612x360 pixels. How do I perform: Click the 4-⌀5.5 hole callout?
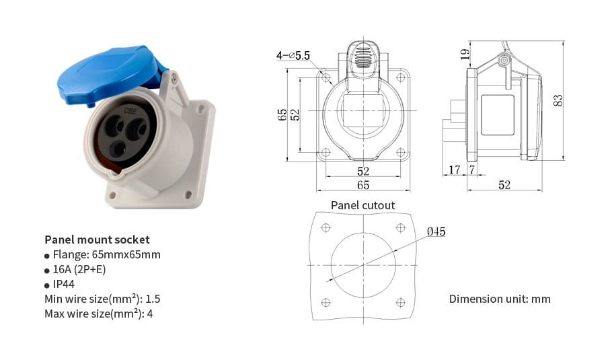coord(293,57)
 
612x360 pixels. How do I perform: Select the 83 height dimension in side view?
coord(558,100)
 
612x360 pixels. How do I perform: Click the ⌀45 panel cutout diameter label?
coord(436,231)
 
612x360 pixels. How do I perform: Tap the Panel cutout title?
coord(362,205)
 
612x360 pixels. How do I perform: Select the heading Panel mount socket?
coord(97,240)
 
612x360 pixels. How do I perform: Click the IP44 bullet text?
coord(63,284)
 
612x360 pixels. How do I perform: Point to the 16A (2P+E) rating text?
coord(79,269)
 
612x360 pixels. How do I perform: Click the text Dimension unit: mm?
coord(500,299)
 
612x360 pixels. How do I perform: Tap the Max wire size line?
coord(98,314)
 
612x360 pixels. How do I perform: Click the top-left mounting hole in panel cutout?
coord(326,227)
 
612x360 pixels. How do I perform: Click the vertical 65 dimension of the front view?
coord(282,115)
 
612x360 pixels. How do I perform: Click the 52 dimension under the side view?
coord(504,185)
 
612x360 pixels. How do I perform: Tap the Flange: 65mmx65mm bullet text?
coord(106,254)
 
